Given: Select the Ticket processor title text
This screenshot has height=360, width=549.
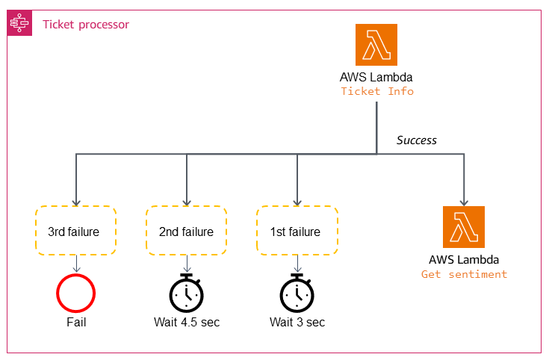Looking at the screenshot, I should pos(86,25).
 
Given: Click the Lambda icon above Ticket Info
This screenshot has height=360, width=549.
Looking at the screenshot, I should pos(376,46).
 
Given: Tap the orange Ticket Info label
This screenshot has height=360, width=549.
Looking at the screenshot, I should pos(376,91).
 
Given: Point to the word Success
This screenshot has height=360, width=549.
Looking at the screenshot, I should pos(416,140).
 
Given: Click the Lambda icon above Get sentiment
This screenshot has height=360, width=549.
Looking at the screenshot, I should pos(464,227).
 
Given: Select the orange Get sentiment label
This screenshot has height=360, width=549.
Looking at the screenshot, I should pos(464,274).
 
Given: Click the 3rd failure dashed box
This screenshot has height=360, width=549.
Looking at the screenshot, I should pos(75,232).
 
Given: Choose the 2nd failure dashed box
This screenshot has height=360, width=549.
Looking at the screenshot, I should pos(186,232).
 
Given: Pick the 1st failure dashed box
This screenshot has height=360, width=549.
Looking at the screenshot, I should pos(297,232).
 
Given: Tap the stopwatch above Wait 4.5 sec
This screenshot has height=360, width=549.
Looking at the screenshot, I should pos(187,293).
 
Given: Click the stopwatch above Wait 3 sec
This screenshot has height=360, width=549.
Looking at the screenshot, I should pos(297,293).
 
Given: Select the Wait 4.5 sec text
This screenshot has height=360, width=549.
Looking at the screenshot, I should pos(187,323).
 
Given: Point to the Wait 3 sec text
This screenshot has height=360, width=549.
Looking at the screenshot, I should pos(297,323).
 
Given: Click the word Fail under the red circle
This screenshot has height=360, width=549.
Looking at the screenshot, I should pos(75,323).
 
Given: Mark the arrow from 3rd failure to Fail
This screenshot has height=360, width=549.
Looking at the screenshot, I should pos(75,264).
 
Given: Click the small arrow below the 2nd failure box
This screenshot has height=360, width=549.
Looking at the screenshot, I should pos(187,264).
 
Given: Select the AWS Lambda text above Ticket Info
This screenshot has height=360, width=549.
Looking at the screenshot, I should pos(376,77).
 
